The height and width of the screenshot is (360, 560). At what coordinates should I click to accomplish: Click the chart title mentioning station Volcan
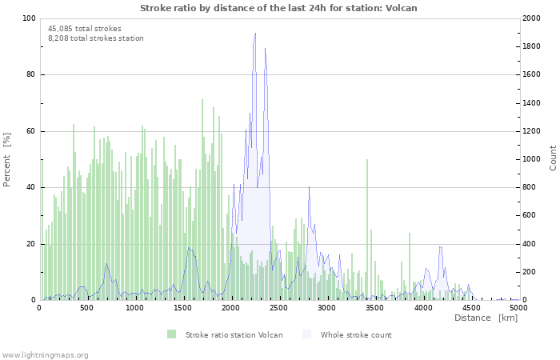(x=278, y=8)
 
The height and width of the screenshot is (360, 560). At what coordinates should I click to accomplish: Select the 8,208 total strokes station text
(x=96, y=38)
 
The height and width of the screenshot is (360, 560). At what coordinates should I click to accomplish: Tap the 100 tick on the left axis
(x=29, y=18)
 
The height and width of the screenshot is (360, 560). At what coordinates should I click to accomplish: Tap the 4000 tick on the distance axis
(x=422, y=307)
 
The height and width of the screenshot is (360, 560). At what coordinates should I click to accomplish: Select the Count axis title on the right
(x=553, y=158)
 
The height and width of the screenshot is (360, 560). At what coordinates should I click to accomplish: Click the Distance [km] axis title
(x=486, y=318)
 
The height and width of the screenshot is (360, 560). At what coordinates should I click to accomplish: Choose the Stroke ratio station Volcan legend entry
(x=234, y=334)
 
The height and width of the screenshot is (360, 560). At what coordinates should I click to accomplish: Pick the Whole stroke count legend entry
(x=356, y=334)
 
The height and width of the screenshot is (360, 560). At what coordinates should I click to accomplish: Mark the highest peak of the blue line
(x=255, y=34)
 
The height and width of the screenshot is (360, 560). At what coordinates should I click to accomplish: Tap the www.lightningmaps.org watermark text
(x=45, y=354)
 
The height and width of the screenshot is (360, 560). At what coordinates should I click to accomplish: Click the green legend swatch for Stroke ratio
(x=172, y=334)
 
